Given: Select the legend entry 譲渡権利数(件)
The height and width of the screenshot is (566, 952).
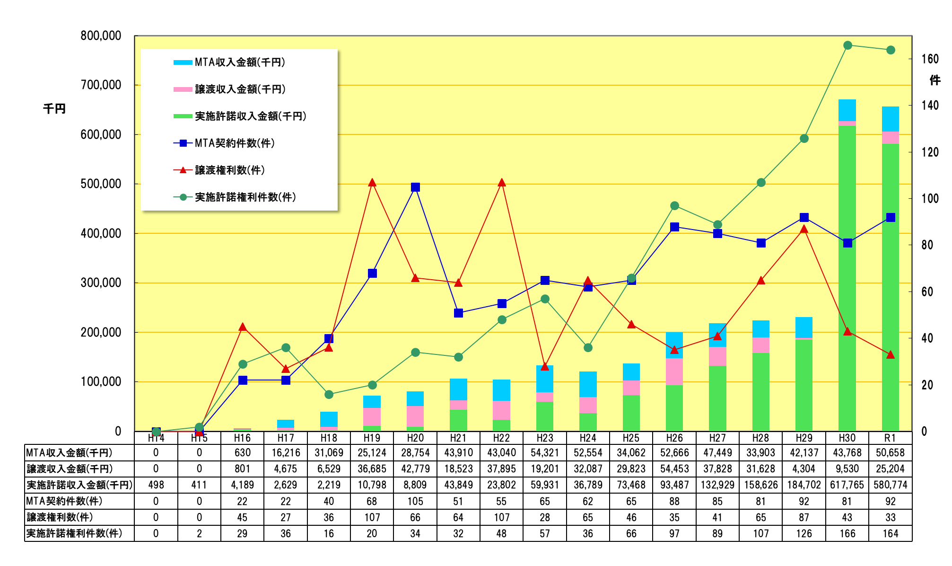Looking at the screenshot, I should coord(229,170).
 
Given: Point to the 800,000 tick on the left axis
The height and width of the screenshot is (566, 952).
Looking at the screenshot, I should coord(101,35).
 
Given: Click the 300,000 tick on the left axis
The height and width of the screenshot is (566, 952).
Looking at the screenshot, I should coord(101,283).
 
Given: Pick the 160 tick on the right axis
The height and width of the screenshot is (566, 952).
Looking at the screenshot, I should coord(930,59).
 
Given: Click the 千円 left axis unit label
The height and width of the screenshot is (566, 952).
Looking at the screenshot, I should coord(54,109).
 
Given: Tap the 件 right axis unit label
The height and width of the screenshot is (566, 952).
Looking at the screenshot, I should coord(935,80).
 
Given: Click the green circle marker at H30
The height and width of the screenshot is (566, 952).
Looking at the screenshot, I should coord(847,45).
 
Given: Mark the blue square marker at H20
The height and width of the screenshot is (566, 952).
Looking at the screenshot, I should coord(415,187).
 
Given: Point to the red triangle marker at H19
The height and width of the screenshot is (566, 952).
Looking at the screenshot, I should coord(372,183).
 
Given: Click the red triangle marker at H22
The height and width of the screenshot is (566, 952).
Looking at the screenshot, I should coord(502,183).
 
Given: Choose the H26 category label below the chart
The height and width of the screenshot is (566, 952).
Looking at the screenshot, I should coord(674,438).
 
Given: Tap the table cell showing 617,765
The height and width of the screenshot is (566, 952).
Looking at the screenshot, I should coord(847,485).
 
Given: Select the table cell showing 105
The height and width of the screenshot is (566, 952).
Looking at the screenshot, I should coord(415,501).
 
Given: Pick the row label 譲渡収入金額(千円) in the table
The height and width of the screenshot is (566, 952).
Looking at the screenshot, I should coord(70,469).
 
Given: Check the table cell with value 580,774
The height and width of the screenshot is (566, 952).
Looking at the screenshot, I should coord(891,485).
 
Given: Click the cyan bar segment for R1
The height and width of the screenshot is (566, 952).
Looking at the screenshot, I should coord(890,119).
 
